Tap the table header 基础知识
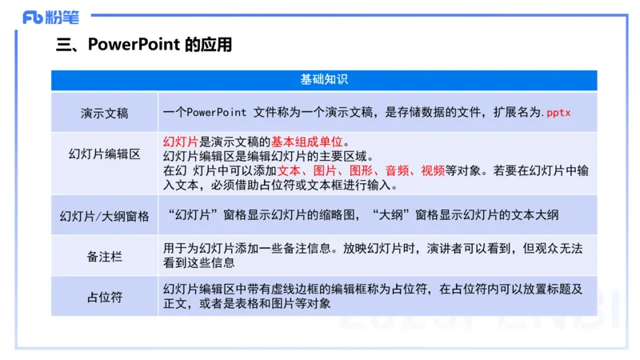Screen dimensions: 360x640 pos(324,80)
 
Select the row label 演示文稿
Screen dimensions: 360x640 pos(104,113)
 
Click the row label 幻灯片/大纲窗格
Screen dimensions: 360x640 pos(104,216)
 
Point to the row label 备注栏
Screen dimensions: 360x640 pos(104,256)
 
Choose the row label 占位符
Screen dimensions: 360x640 pos(104,297)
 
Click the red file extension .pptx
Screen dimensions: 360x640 pos(558,113)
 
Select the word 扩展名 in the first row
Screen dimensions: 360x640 pos(506,113)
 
